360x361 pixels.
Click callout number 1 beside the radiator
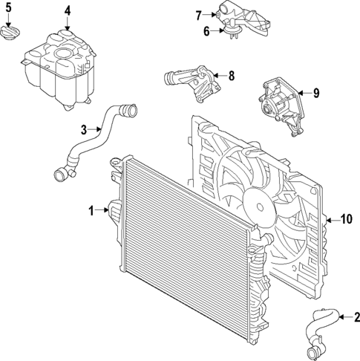click(x=93, y=212)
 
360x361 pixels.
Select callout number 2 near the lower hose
click(x=356, y=318)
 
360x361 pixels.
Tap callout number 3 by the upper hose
click(x=84, y=129)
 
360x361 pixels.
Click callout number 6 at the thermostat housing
click(x=208, y=30)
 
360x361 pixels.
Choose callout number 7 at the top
click(x=199, y=14)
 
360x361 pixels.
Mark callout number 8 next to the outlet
click(x=231, y=75)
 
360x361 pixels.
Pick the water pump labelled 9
click(x=280, y=102)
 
